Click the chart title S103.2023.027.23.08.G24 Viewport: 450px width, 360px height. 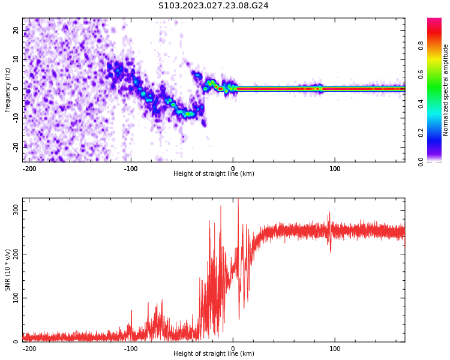click(213, 6)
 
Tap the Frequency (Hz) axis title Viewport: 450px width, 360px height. click(7, 90)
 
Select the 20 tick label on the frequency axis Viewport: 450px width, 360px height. click(16, 30)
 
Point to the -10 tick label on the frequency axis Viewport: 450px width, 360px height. click(16, 118)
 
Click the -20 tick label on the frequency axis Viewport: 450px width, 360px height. click(16, 147)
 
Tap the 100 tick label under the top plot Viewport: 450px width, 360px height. click(335, 169)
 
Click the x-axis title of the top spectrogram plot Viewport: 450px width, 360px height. click(214, 173)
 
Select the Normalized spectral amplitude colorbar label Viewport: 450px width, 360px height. click(445, 90)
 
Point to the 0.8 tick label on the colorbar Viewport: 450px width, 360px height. click(421, 46)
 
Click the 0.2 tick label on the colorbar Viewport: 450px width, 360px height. click(421, 133)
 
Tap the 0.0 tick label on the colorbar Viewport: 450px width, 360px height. click(421, 162)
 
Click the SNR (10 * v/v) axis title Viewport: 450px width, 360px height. click(7, 270)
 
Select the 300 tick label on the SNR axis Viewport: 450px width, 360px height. click(16, 211)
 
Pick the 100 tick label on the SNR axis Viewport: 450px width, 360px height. click(16, 298)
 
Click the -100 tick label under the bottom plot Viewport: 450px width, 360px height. click(131, 349)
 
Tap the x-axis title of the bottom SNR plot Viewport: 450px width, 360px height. click(214, 353)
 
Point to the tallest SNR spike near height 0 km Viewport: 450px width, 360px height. click(238, 199)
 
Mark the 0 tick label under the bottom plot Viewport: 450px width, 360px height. click(233, 349)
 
